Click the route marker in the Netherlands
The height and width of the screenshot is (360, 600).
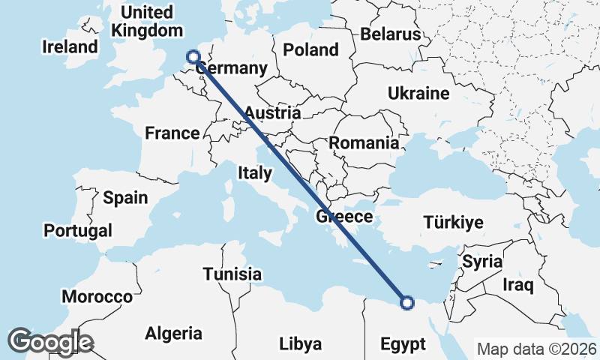tap(193, 57)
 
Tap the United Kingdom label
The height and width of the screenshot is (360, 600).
tap(147, 22)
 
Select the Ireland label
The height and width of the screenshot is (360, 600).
tap(70, 46)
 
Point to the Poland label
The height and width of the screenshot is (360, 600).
tap(310, 50)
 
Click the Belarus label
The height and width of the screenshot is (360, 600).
tap(390, 34)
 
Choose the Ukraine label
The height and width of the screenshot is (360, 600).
tap(418, 94)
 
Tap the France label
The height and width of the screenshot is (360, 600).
tap(172, 133)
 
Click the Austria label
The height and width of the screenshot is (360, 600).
tap(273, 113)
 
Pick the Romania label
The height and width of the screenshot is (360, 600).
tap(364, 142)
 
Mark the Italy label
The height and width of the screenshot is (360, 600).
tap(254, 173)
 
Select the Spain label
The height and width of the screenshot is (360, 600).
tap(125, 198)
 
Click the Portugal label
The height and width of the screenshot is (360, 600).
tap(78, 230)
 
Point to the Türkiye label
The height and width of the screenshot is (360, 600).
tap(453, 223)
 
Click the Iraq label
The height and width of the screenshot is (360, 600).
tap(517, 285)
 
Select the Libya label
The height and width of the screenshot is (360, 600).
tap(300, 344)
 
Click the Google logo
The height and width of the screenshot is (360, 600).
tap(50, 341)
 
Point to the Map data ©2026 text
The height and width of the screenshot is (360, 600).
tap(537, 349)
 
